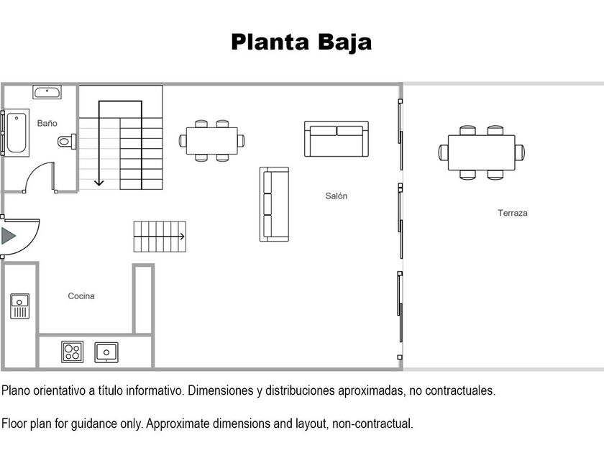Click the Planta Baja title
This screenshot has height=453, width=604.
pos(301,42)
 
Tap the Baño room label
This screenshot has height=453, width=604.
pos(47,123)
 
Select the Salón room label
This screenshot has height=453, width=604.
pos(337,196)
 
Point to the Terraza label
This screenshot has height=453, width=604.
pos(512,213)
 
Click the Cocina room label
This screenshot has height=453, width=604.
pos(81,296)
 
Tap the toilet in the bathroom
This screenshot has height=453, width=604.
pos(67,142)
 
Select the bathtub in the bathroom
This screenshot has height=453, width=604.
pos(17,133)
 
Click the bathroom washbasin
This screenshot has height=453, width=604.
pos(47,93)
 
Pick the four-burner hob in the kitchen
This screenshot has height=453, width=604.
pos(73,352)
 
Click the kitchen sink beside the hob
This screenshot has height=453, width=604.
pos(106,352)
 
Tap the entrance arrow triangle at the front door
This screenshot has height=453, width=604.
pos(8,236)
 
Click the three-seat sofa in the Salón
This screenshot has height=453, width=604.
pos(274,204)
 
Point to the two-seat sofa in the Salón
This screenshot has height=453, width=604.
pos(337,139)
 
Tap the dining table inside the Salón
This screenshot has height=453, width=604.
pos(212,141)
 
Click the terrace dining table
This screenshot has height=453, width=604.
pos(482,152)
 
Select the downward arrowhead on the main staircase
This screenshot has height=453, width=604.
pos(99,182)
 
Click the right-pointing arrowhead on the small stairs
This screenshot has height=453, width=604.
pos(182,237)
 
